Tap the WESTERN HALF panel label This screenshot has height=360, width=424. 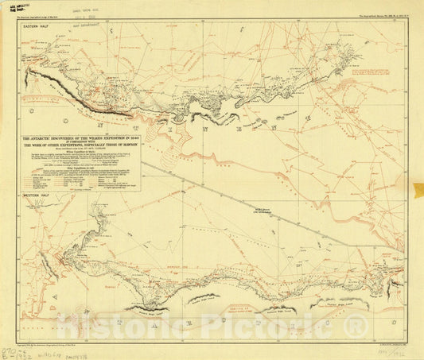pyautogui.click(x=37, y=193)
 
